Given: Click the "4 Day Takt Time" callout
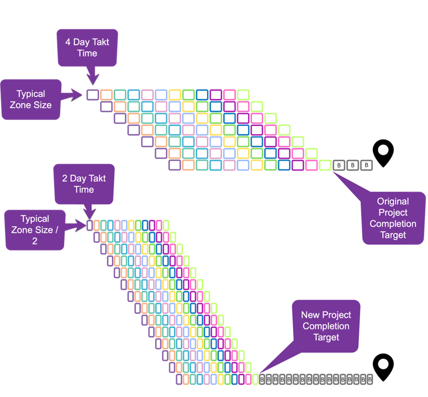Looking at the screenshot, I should click(x=87, y=47).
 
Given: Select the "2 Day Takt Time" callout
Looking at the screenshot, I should click(x=83, y=184).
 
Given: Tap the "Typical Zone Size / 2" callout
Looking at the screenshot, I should click(x=35, y=230).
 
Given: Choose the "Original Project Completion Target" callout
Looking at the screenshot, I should click(x=393, y=218).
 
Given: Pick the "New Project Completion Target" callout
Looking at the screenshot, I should click(x=326, y=326).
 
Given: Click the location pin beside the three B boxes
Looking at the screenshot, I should click(x=383, y=154).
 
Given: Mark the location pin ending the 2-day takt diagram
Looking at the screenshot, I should click(x=383, y=368).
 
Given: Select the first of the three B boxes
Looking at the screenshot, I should click(x=339, y=166).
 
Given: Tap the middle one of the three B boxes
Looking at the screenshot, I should click(x=352, y=166).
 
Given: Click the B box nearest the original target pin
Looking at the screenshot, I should click(x=366, y=166).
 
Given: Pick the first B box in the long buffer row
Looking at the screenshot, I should click(x=262, y=379).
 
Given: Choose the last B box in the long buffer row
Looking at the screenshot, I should click(x=370, y=379).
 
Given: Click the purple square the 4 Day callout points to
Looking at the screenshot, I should click(x=92, y=94).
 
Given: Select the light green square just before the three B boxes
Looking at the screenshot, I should click(x=325, y=166).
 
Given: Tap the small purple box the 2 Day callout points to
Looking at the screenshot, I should click(x=90, y=225).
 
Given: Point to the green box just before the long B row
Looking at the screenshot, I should click(x=255, y=379).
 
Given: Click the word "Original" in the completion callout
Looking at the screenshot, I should click(x=393, y=202).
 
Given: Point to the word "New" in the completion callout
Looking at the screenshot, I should click(x=311, y=315).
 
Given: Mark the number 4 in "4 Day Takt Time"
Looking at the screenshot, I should click(x=68, y=42).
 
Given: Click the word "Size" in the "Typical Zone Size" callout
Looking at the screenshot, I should click(x=43, y=105).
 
